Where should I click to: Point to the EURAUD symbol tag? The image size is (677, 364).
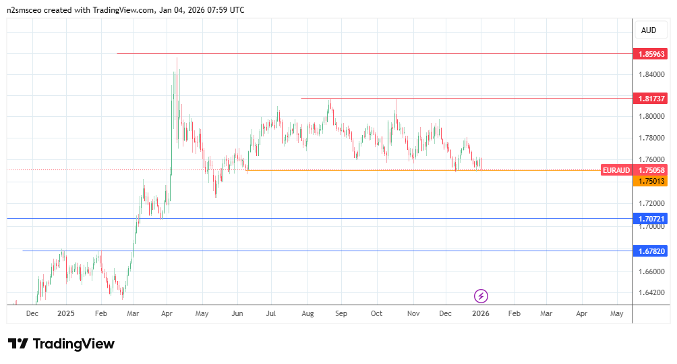[x=617, y=171]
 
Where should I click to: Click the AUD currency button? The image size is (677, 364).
[x=649, y=30]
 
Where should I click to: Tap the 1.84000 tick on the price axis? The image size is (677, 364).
[x=650, y=74]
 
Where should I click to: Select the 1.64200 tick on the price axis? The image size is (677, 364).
[x=650, y=292]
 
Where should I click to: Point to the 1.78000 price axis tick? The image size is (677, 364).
[x=650, y=138]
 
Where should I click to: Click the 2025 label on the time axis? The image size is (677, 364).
[x=65, y=314]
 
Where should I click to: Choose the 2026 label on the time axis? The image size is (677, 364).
[x=481, y=314]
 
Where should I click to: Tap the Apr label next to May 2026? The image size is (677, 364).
[x=581, y=314]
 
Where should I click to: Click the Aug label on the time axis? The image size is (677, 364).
[x=307, y=314]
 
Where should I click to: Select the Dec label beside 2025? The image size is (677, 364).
[x=32, y=314]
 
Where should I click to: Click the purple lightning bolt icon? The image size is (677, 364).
[x=481, y=296]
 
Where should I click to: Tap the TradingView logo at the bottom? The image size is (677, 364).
[x=61, y=344]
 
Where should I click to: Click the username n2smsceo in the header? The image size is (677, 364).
[x=28, y=10]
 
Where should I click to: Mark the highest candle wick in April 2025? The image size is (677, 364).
[x=177, y=58]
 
